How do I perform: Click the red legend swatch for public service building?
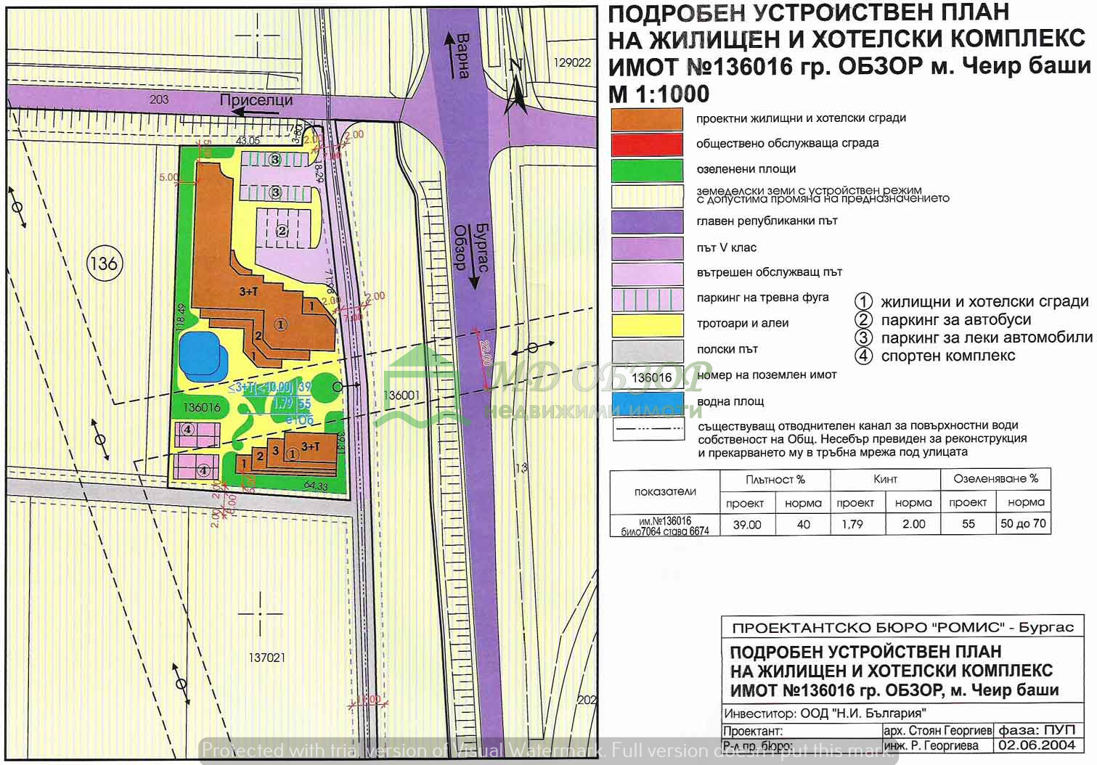tap(647, 144)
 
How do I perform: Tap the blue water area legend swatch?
tap(647, 402)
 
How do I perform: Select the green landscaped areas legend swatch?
tap(647, 170)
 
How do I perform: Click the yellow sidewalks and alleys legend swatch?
tap(647, 324)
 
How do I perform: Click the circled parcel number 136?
tap(104, 263)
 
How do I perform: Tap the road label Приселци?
tap(256, 101)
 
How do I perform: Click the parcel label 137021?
tap(266, 658)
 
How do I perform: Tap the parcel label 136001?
tap(401, 396)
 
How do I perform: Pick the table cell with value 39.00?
tap(746, 524)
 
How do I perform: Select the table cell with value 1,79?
tap(852, 524)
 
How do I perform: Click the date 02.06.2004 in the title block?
tap(1036, 745)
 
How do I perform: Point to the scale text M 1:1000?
tap(658, 94)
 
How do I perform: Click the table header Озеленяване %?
tap(995, 479)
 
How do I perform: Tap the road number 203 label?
tap(158, 99)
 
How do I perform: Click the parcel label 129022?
tap(572, 62)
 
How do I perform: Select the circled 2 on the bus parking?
tap(282, 232)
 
